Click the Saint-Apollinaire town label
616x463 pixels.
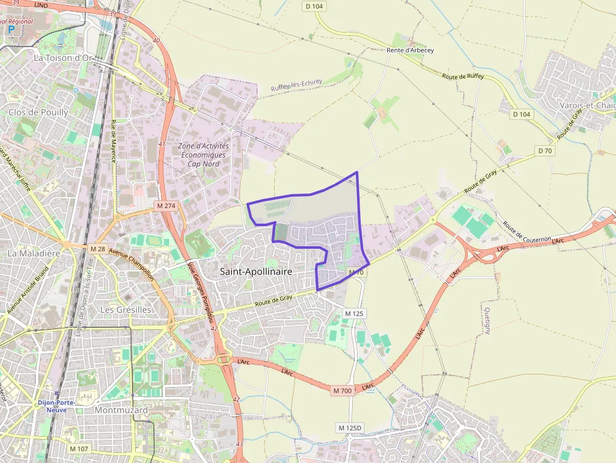(x=256, y=271)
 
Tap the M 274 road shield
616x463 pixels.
(x=167, y=205)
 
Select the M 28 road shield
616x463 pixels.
(x=97, y=249)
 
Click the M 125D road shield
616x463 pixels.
(x=350, y=428)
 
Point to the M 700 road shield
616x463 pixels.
(x=343, y=391)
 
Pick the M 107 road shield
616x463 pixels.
(x=79, y=449)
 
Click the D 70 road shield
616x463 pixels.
(x=544, y=151)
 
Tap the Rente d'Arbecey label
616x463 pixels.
(x=410, y=50)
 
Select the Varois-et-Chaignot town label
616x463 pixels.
(x=587, y=105)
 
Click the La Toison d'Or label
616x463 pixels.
(x=63, y=58)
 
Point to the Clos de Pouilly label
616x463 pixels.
(x=38, y=112)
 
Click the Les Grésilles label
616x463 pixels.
(x=126, y=310)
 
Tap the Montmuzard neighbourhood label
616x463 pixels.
(x=121, y=410)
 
